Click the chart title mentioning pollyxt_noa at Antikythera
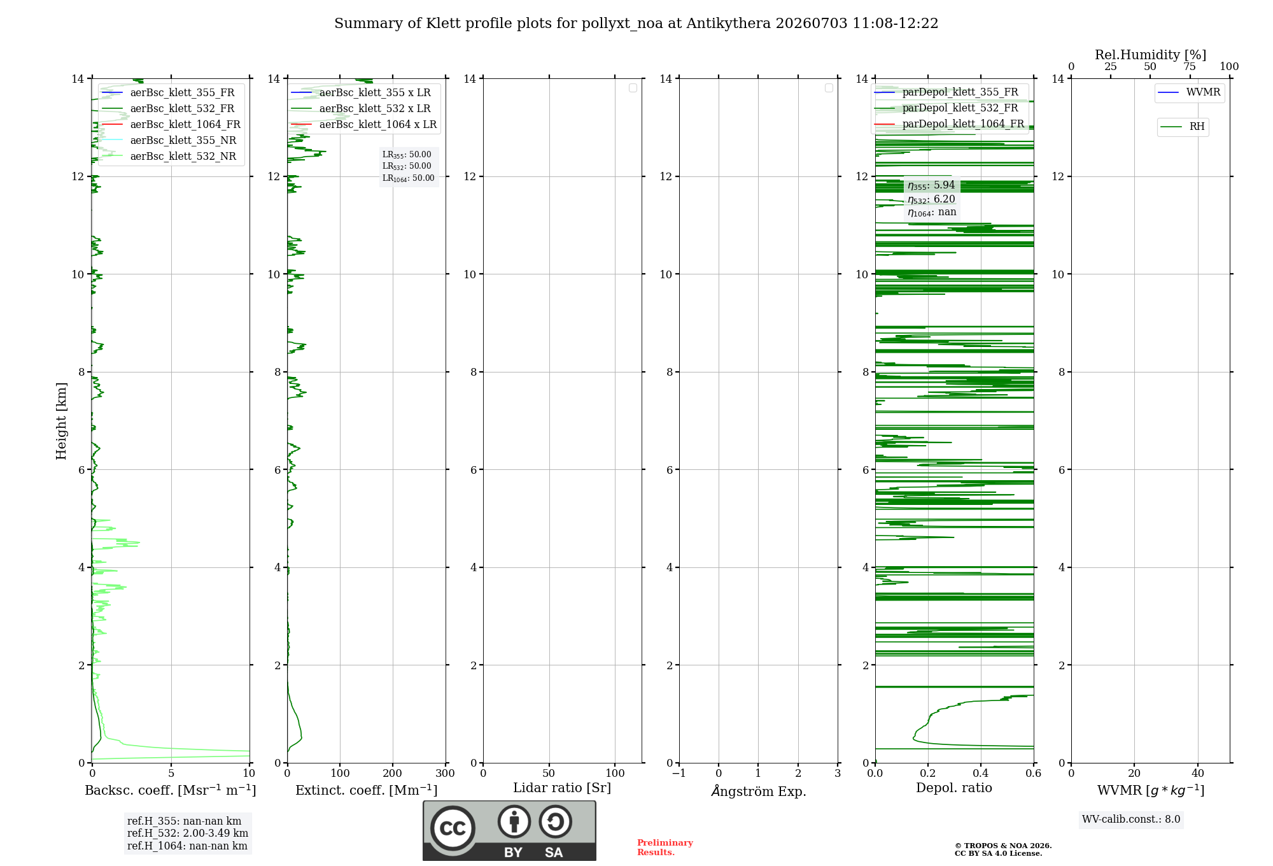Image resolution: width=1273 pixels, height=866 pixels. pyautogui.click(x=636, y=24)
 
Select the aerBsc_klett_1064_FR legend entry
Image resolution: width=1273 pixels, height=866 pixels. pyautogui.click(x=171, y=124)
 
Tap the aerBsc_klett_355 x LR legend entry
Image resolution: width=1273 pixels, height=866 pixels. pyautogui.click(x=361, y=92)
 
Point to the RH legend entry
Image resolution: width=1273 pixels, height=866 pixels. pyautogui.click(x=1183, y=127)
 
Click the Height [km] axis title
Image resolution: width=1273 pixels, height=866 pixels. pyautogui.click(x=61, y=420)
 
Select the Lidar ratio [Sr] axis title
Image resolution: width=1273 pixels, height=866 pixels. pyautogui.click(x=562, y=788)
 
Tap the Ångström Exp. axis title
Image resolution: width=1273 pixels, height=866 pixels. pyautogui.click(x=759, y=790)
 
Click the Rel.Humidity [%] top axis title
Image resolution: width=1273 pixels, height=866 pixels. pyautogui.click(x=1151, y=55)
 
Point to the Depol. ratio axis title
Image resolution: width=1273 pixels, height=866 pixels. pyautogui.click(x=954, y=788)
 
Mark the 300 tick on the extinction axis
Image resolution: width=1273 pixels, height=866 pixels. pyautogui.click(x=446, y=773)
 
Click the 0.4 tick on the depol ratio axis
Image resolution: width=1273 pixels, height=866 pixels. pyautogui.click(x=981, y=773)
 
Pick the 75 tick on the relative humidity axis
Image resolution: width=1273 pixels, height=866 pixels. pyautogui.click(x=1190, y=66)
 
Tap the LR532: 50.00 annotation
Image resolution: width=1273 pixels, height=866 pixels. pyautogui.click(x=407, y=166)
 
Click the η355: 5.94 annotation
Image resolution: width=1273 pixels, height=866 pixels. pyautogui.click(x=931, y=185)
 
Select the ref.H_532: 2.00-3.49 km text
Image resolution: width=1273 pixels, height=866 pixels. pyautogui.click(x=188, y=833)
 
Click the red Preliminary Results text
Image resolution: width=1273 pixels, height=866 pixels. pyautogui.click(x=665, y=847)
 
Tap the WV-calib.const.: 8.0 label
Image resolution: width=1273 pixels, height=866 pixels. pyautogui.click(x=1131, y=819)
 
